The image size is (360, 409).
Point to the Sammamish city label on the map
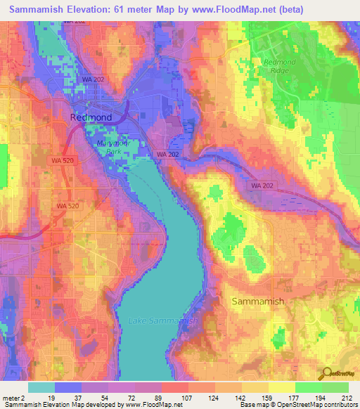(258, 301)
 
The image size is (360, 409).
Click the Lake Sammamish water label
(163, 321)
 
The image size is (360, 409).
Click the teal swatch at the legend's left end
(41, 387)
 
